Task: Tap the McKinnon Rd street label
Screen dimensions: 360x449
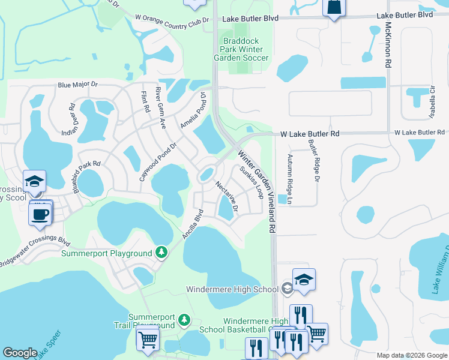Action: point(388,45)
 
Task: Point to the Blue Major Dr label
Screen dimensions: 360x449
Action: point(77,86)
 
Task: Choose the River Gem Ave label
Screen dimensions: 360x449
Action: point(160,108)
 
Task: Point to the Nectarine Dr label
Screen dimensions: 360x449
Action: point(227,197)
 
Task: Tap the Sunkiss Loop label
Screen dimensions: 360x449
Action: point(251,182)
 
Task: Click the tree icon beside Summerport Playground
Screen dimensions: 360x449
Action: point(161,253)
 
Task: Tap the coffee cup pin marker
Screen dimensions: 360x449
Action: point(41,214)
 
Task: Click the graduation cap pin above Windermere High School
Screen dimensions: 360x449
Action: point(304,279)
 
